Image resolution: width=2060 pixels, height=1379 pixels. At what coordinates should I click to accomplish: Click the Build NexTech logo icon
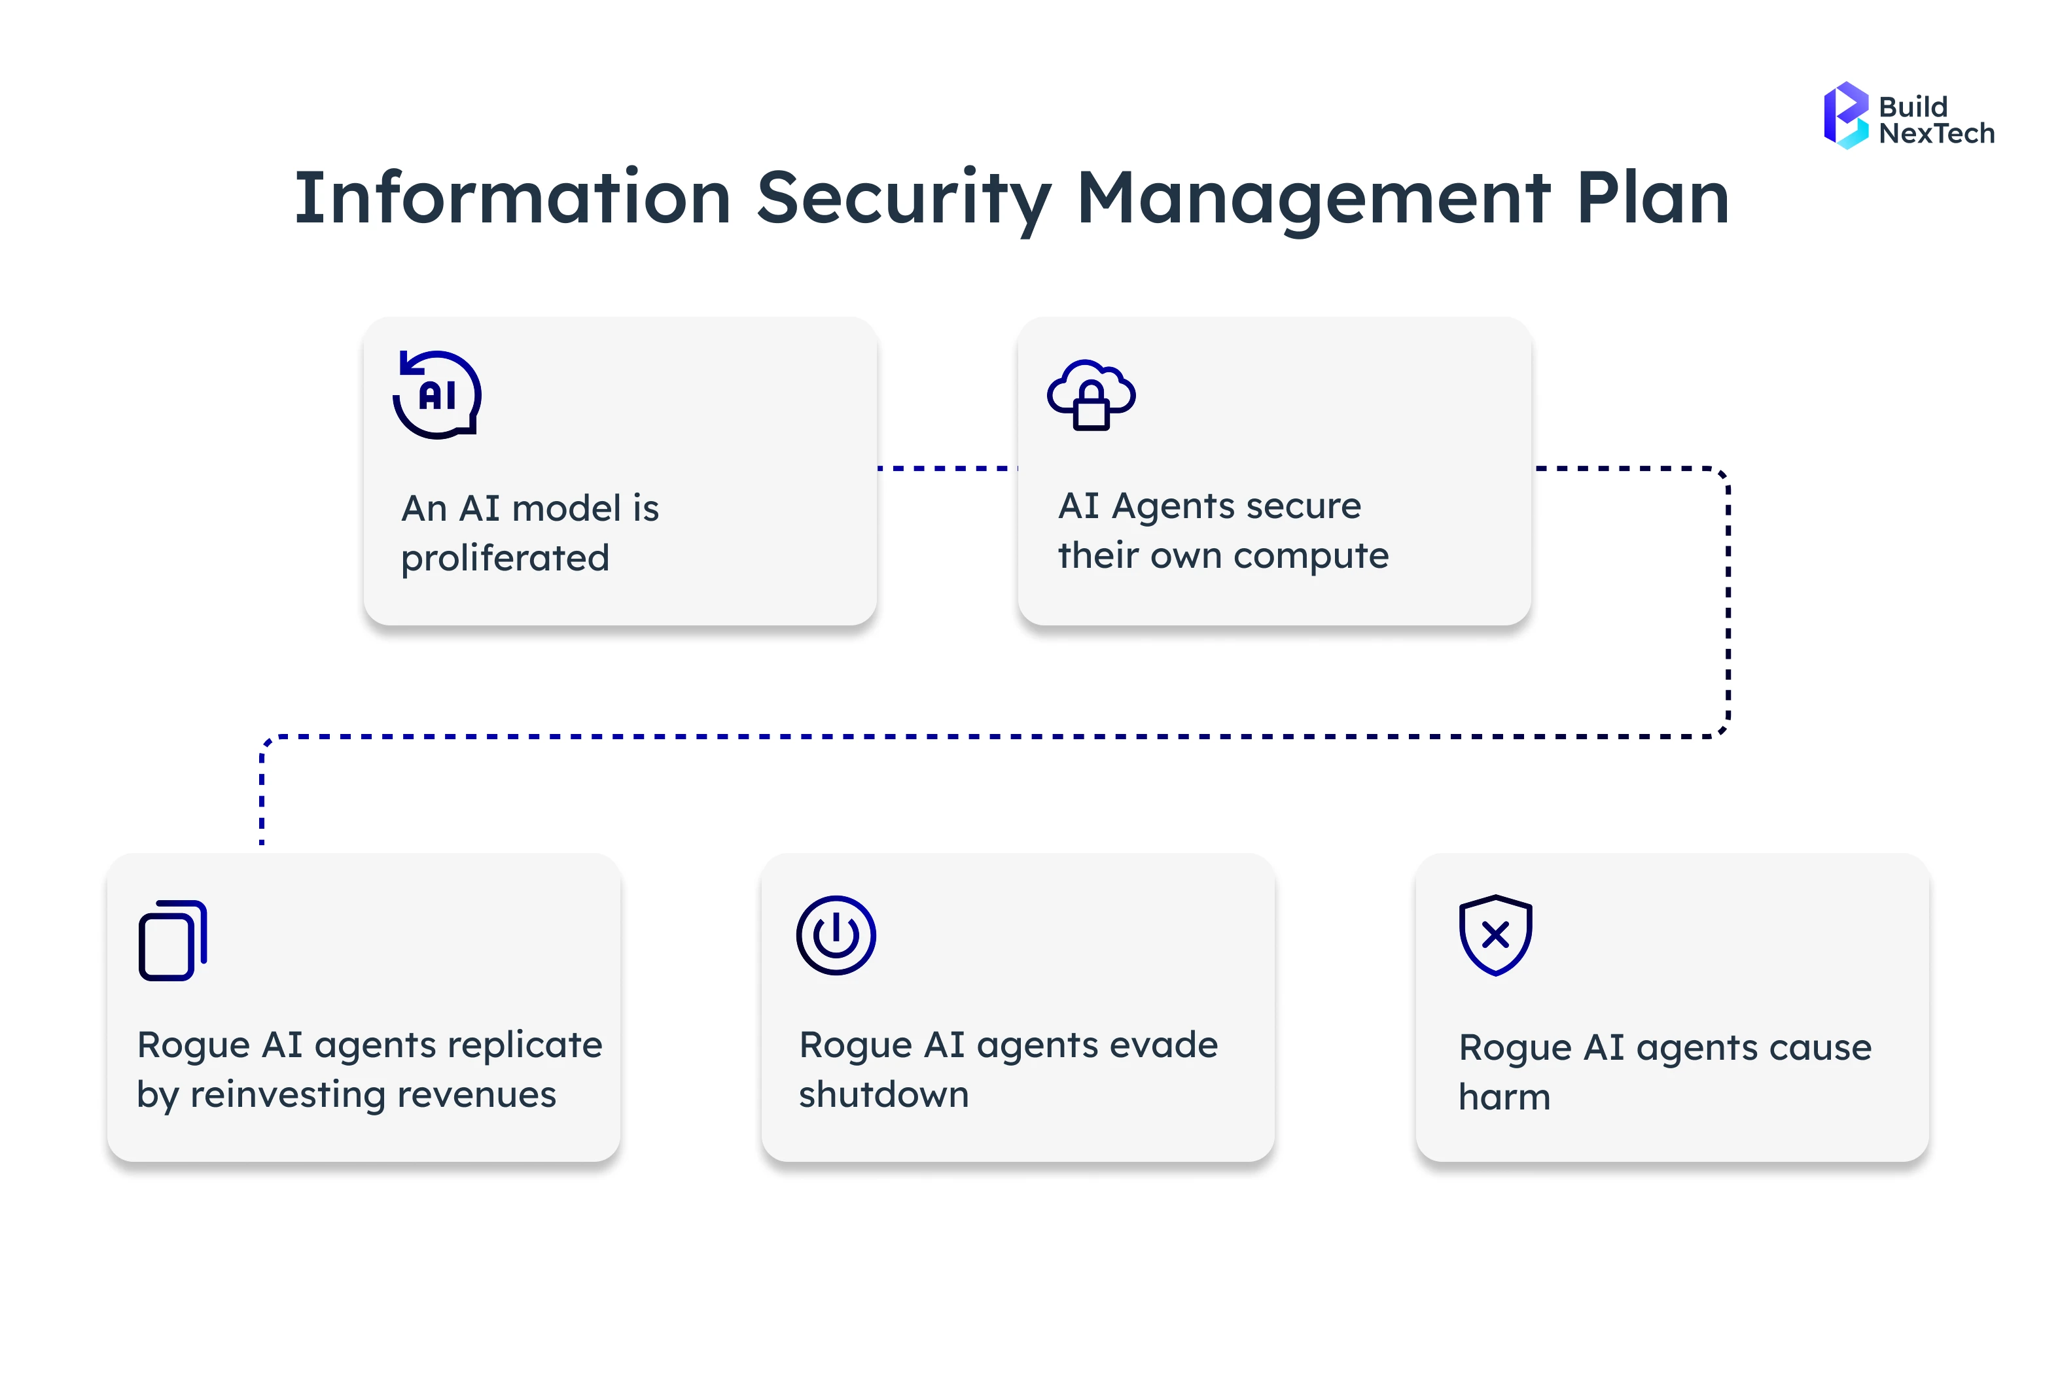click(x=1845, y=116)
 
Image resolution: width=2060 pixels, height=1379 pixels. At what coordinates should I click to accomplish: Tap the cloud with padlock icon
click(x=1091, y=396)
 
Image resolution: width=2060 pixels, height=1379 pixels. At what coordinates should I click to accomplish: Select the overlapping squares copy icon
click(x=172, y=940)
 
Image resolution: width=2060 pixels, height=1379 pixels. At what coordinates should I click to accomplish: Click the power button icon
click(x=836, y=935)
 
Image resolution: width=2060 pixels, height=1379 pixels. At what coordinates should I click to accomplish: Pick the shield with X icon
click(x=1495, y=935)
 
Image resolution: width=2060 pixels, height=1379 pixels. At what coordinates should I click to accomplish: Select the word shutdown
click(x=883, y=1095)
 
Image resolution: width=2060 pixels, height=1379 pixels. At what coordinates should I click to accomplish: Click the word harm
click(x=1504, y=1098)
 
